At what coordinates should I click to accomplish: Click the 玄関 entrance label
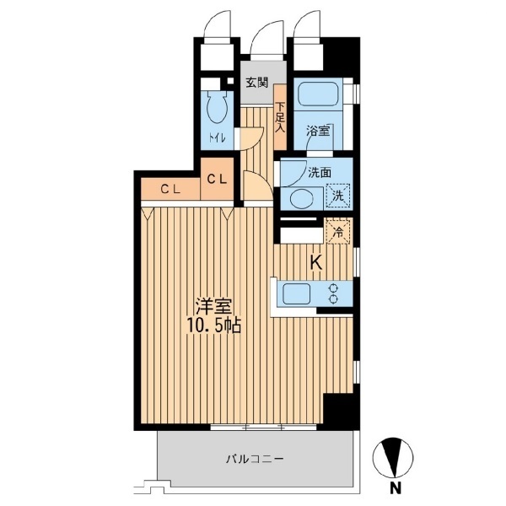pos(257,83)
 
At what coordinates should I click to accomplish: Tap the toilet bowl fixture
pos(217,109)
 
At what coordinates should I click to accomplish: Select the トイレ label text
pos(217,138)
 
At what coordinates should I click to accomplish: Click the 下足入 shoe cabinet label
pos(280,117)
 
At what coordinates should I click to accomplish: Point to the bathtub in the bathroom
pos(318,94)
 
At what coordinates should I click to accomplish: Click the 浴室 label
pos(318,131)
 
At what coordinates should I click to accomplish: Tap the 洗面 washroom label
pos(320,173)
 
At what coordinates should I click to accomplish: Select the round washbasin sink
pos(300,198)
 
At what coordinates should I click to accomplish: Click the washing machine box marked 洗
pos(338,196)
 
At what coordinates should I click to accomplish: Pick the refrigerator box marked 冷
pos(338,232)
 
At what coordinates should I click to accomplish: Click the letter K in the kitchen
pos(316,263)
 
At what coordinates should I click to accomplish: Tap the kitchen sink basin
pos(296,294)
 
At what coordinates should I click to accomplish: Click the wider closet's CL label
pos(170,191)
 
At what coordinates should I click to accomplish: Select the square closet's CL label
pos(217,180)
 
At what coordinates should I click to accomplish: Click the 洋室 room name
pos(214,308)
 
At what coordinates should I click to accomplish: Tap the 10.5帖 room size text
pos(214,327)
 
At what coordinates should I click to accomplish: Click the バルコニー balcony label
pos(255,459)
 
